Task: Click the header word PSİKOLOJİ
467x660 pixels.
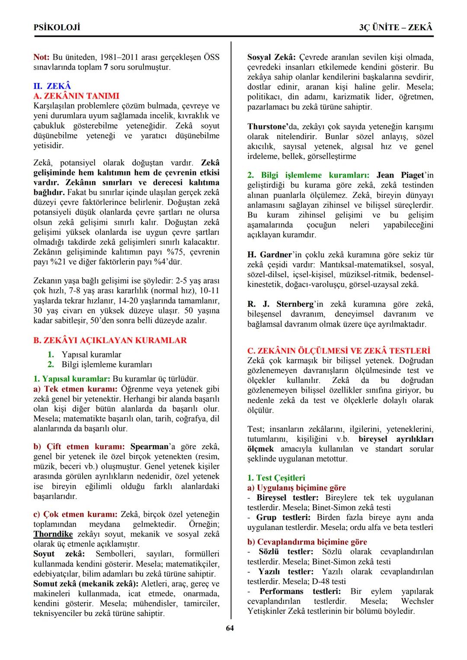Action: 57,27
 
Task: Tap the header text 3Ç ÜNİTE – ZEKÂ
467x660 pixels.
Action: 396,27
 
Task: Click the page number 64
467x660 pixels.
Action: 230,628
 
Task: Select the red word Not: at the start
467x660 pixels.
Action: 42,57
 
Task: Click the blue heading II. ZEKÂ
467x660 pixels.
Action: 52,86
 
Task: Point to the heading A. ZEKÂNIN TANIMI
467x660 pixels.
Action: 76,96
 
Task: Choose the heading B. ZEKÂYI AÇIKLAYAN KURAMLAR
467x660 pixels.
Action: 110,340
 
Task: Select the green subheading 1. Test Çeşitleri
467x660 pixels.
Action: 276,478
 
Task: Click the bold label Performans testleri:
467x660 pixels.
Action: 300,591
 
